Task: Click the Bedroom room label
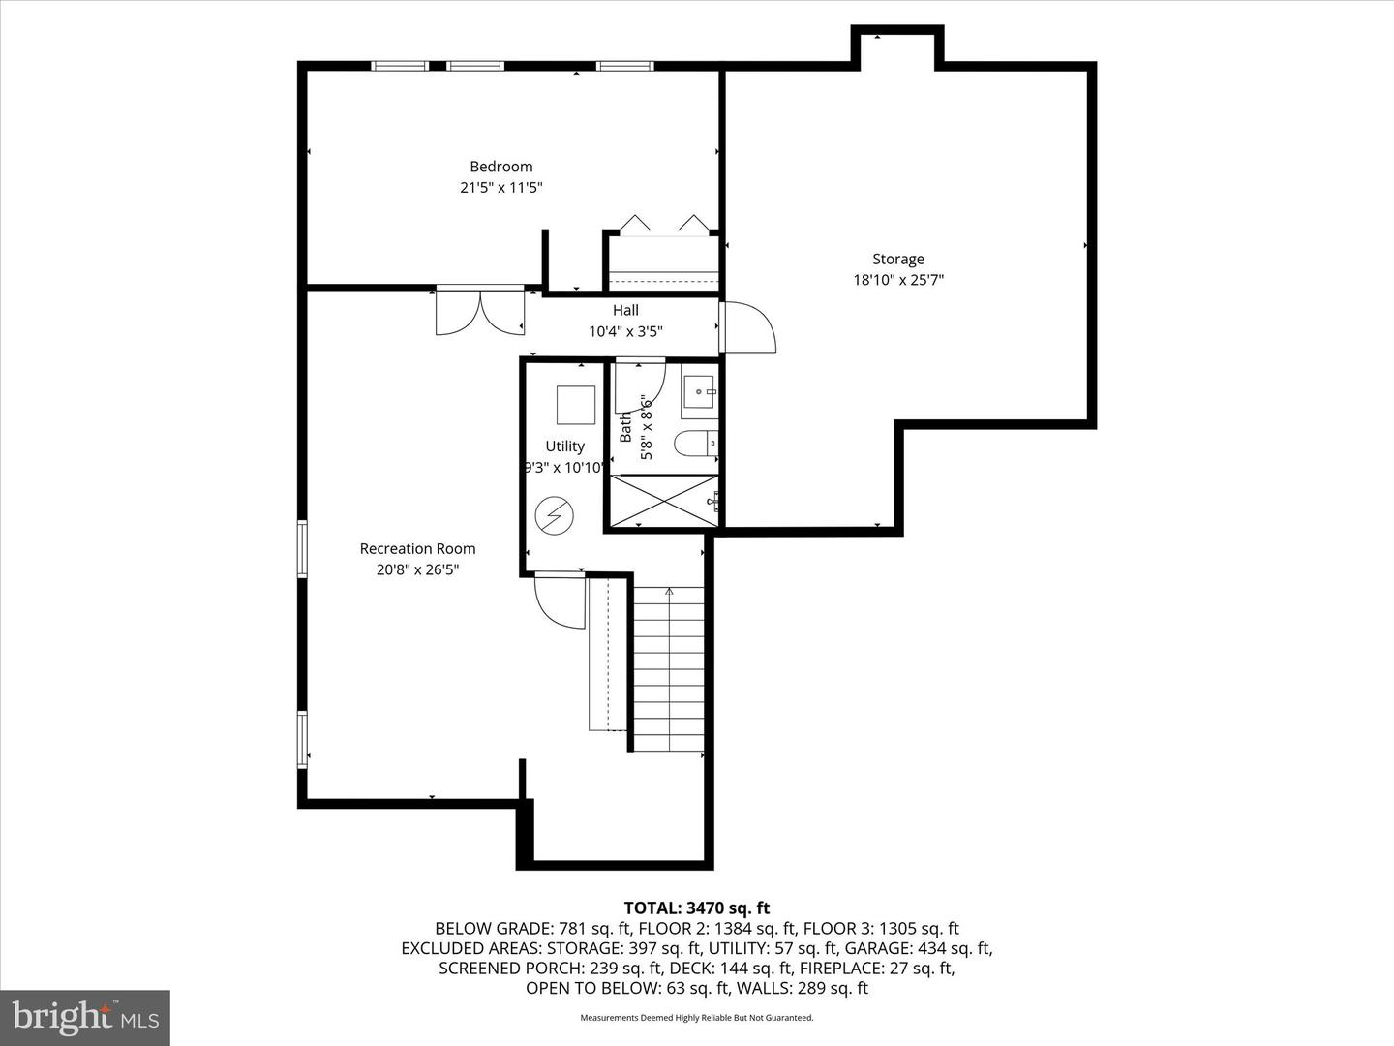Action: [x=500, y=167]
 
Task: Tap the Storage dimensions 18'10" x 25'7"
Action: [x=897, y=280]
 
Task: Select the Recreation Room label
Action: [x=417, y=548]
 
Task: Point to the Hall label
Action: [x=625, y=310]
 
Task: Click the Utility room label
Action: [x=564, y=446]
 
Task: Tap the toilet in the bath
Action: [x=696, y=443]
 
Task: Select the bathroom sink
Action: [x=698, y=394]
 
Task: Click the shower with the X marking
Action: [x=663, y=501]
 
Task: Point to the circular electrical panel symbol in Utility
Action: [x=556, y=514]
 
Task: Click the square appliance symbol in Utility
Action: [x=576, y=405]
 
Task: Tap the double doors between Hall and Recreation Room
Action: [x=479, y=311]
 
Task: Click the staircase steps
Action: [x=669, y=668]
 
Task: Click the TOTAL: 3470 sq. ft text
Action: [x=696, y=908]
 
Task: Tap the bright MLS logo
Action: [x=85, y=1017]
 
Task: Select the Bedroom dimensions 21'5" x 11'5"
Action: [x=500, y=188]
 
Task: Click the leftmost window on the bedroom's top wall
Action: [x=400, y=66]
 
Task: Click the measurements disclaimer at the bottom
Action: [x=696, y=1018]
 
